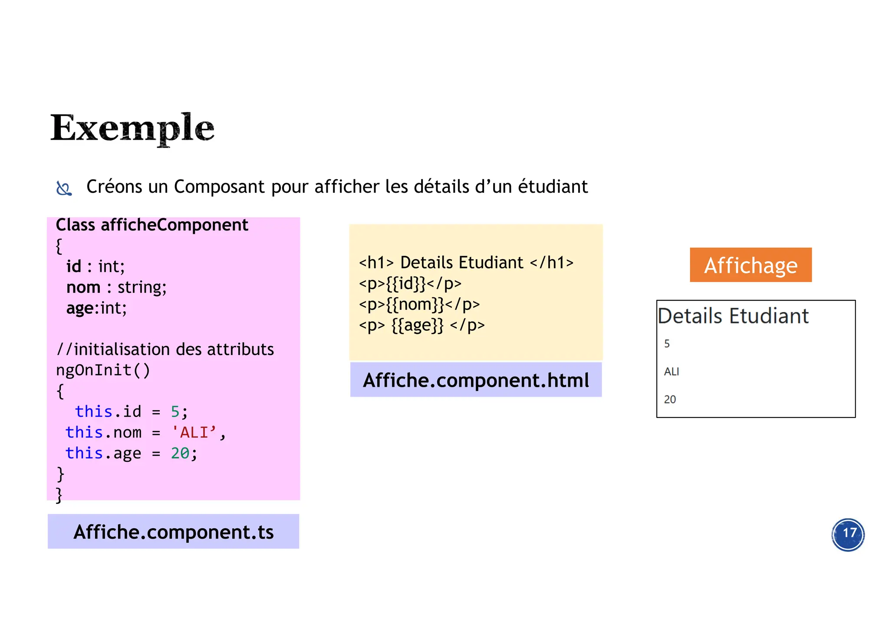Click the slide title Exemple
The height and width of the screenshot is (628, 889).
pyautogui.click(x=132, y=128)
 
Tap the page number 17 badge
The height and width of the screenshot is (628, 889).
pyautogui.click(x=848, y=534)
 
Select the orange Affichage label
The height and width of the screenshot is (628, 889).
pyautogui.click(x=751, y=265)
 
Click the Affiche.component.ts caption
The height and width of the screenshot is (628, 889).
pyautogui.click(x=173, y=532)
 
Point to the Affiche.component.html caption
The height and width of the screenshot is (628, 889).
pyautogui.click(x=476, y=380)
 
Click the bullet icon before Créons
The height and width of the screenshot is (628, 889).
pyautogui.click(x=64, y=188)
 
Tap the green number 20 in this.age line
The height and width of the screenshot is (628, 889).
pyautogui.click(x=180, y=453)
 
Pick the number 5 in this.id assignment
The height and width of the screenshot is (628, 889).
pyautogui.click(x=175, y=411)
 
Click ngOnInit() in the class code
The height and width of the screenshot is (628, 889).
pyautogui.click(x=103, y=370)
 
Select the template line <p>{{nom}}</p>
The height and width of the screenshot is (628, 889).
pyautogui.click(x=419, y=304)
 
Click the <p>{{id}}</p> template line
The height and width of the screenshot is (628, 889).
pyautogui.click(x=410, y=283)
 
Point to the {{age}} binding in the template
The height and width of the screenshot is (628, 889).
pyautogui.click(x=418, y=325)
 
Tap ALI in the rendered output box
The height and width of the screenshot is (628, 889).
pyautogui.click(x=671, y=372)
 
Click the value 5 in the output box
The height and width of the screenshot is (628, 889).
pyautogui.click(x=667, y=344)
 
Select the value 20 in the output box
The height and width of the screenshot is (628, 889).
pyautogui.click(x=670, y=399)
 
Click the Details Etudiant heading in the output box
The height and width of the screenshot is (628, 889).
pyautogui.click(x=733, y=316)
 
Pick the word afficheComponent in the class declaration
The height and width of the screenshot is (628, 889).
pyautogui.click(x=175, y=225)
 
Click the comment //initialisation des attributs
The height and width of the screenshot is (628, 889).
pyautogui.click(x=165, y=349)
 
